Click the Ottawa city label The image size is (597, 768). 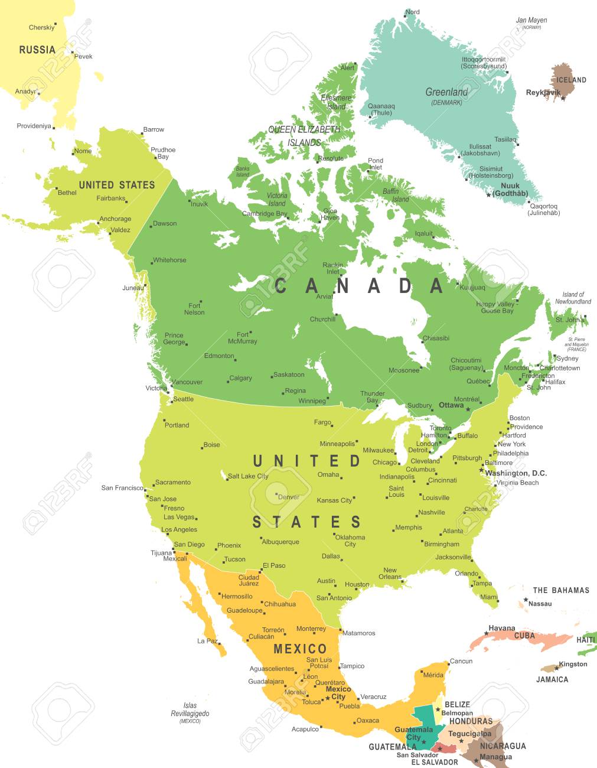pos(451,405)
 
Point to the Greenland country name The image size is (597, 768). pos(446,92)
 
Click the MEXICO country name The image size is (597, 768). pos(300,649)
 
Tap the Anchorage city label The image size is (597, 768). pos(115,219)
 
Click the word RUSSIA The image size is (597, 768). pos(37,50)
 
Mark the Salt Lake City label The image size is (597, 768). pos(248,476)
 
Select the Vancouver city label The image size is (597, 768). pos(187,382)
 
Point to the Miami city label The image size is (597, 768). pos(489,597)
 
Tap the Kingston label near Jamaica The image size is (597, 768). pos(573,664)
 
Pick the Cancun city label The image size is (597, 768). pos(461,661)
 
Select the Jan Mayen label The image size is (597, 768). pos(531,20)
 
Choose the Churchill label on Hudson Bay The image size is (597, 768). pos(322,319)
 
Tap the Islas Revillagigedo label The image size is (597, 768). pos(190,710)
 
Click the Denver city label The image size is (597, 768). pos(289,497)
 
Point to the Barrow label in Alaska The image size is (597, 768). pos(154,129)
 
